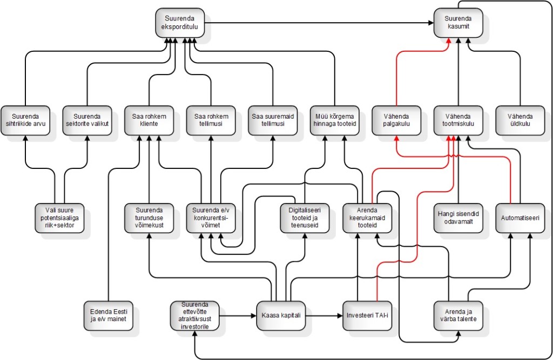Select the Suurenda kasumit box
[x=458, y=23]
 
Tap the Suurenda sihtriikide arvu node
[x=25, y=120]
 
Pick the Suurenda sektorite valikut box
[x=87, y=120]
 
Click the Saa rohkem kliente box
[x=149, y=120]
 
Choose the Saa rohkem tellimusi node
[x=211, y=120]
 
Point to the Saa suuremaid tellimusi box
[x=273, y=120]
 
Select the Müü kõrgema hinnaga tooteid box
[x=334, y=120]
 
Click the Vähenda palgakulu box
[x=396, y=120]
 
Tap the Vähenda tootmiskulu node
[x=458, y=120]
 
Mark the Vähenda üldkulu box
[x=520, y=120]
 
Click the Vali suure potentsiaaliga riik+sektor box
[x=59, y=218]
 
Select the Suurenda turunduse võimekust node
[x=149, y=218]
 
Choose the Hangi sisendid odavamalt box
[x=458, y=218]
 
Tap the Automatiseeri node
[x=520, y=218]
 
